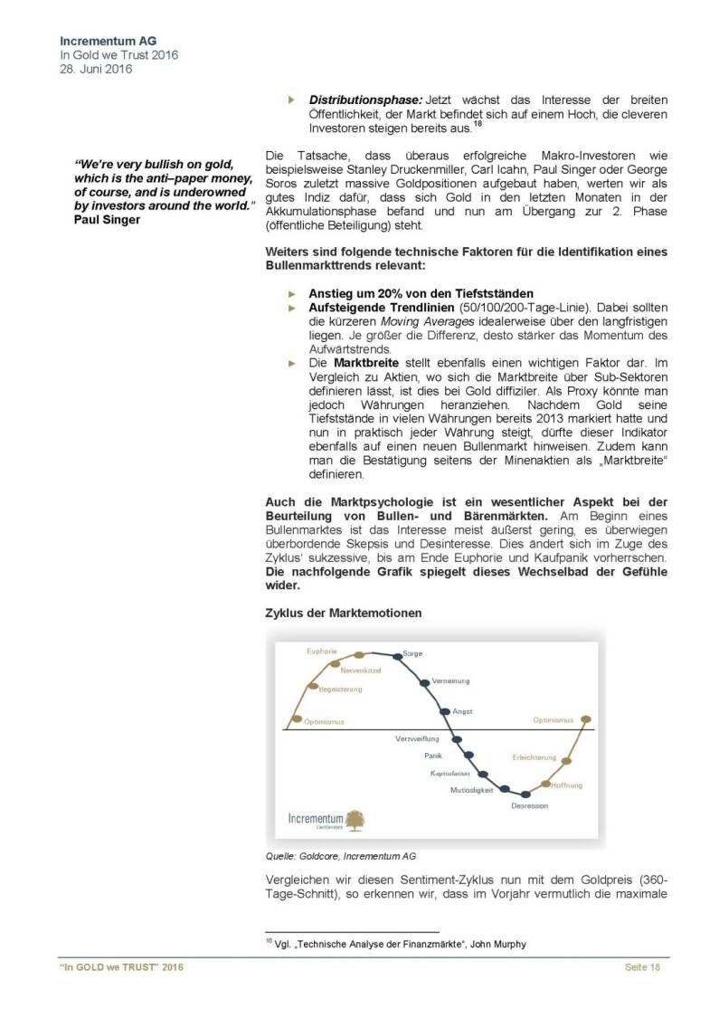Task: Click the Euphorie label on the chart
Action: tap(323, 651)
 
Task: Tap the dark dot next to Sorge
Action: tap(396, 655)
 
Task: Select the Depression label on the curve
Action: tap(529, 804)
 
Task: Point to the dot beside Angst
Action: tap(444, 711)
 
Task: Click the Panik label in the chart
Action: tap(433, 755)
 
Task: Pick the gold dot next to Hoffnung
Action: tap(545, 785)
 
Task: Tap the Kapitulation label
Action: tap(449, 773)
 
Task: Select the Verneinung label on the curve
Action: tap(450, 680)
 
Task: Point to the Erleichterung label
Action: tap(534, 756)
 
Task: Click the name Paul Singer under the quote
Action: tap(106, 220)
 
